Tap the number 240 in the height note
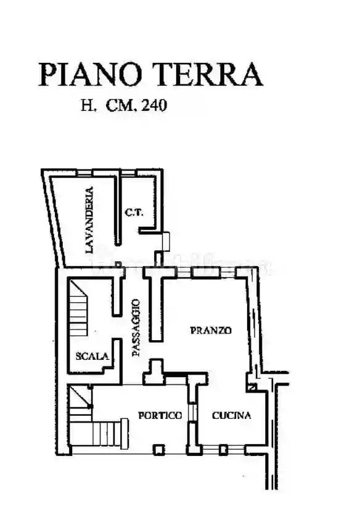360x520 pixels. coord(154,105)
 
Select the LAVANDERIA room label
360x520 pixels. coord(89,220)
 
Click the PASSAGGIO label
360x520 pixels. coord(136,328)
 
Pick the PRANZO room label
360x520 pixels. coord(211,330)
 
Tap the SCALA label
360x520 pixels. coord(92,356)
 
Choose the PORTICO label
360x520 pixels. coord(160,415)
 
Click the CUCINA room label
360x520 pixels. coord(232,415)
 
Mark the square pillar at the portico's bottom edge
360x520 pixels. coord(158,450)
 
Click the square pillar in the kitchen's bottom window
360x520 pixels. coord(223,450)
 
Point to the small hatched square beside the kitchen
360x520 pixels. coord(252,387)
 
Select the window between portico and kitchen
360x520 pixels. coord(192,412)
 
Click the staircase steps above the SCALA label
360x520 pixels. coord(78,311)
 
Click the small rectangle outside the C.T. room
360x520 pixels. coord(166,241)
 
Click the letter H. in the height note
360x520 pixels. coord(89,105)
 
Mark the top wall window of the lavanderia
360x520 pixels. coord(84,173)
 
